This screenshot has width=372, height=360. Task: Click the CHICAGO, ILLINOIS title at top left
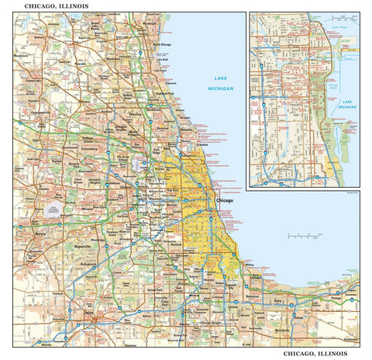[56, 5]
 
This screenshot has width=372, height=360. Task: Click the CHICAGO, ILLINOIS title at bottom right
[315, 353]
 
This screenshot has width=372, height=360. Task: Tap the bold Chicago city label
[224, 200]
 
